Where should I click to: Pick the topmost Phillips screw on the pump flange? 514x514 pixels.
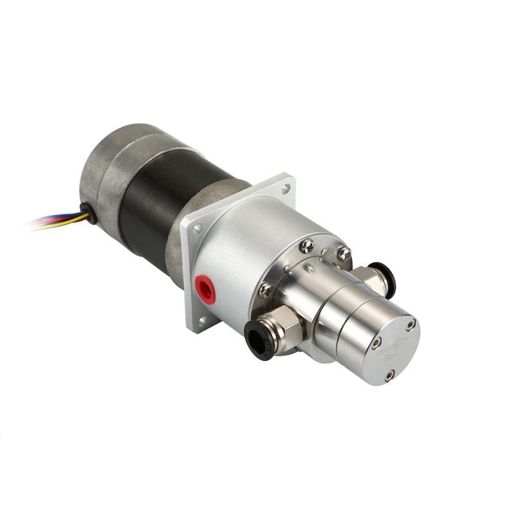click(x=307, y=244)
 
